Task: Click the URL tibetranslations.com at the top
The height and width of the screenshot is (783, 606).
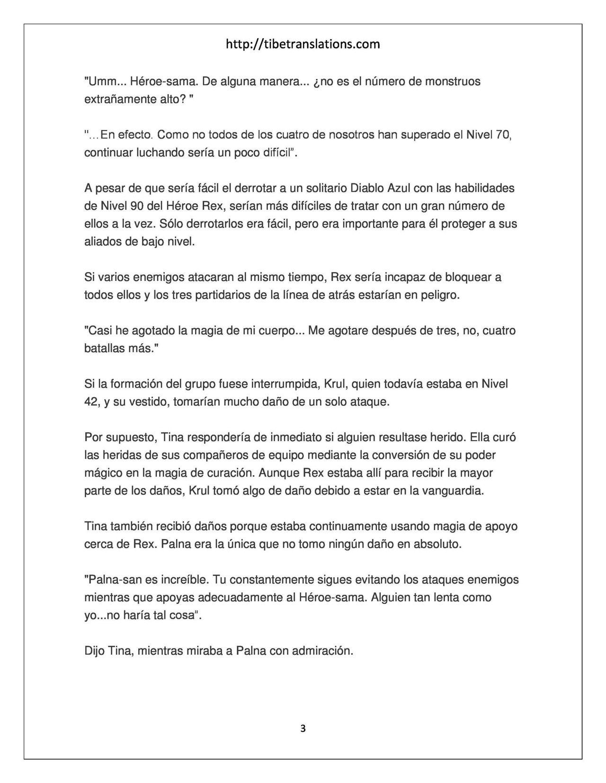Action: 303,44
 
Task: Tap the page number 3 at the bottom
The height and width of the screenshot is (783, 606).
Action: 303,729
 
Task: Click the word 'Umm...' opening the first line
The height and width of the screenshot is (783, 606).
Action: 100,81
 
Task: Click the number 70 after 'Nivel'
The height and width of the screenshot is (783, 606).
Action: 503,135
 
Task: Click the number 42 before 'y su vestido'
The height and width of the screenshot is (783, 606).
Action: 91,402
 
